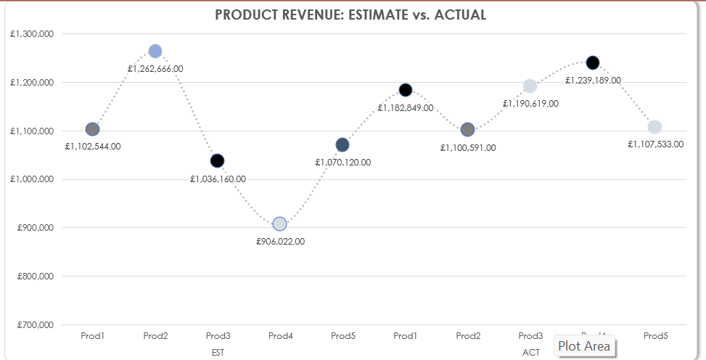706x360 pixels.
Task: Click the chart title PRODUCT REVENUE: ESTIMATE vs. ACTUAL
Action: (350, 15)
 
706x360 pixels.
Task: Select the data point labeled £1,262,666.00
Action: (155, 51)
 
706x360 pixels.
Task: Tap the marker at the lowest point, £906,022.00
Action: (280, 224)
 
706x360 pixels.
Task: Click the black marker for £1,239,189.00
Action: (593, 62)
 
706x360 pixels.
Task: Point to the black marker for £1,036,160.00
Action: (218, 160)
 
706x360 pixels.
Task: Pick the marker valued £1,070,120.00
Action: (342, 144)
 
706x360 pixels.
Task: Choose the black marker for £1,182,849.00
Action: (406, 90)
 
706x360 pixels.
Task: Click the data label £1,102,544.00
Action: (93, 146)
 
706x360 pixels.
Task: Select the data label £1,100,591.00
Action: (468, 147)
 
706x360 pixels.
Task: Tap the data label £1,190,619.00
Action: (530, 104)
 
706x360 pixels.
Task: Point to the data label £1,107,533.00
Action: (655, 144)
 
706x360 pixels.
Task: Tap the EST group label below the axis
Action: (218, 352)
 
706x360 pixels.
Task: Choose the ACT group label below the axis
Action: (530, 352)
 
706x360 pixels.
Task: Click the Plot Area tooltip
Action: (584, 346)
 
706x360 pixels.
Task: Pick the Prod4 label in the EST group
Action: (280, 336)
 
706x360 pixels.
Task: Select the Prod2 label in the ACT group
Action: (468, 336)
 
